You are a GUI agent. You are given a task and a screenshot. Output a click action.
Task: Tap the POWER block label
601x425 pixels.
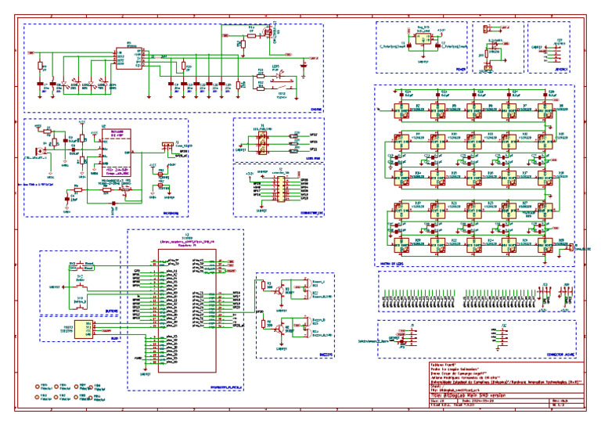coord(460,68)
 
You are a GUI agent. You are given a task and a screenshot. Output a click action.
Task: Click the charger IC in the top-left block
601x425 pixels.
coord(122,56)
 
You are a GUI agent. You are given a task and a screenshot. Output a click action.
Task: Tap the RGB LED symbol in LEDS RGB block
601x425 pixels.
coord(263,142)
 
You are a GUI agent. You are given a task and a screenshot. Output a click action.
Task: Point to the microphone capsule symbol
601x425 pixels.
coord(37,150)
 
